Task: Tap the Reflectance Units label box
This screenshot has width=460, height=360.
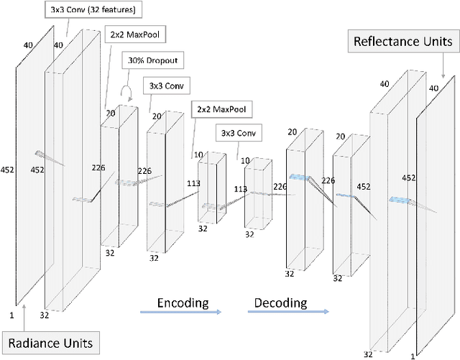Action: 403,42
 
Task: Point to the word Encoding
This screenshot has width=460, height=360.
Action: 183,302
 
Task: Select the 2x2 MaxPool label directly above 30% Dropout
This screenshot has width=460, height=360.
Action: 134,34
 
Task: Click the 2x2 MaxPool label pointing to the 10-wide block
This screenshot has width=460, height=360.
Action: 221,110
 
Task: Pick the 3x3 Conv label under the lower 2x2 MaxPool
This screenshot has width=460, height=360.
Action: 236,133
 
